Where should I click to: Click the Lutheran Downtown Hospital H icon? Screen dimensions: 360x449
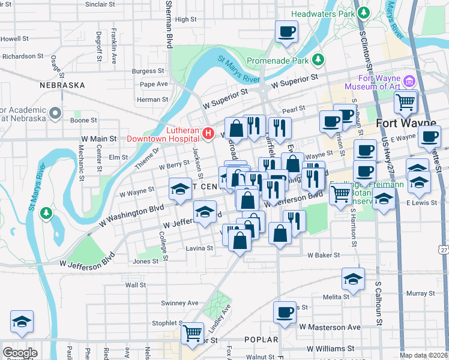tap(208, 133)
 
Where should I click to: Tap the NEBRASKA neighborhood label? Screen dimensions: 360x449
tap(62, 85)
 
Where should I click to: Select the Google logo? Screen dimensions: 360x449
tap(20, 352)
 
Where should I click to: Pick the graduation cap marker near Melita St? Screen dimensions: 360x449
tap(353, 279)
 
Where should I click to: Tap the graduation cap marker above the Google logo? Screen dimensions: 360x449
tap(22, 322)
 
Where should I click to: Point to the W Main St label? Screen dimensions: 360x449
tap(99, 139)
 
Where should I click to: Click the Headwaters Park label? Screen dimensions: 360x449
tap(321, 13)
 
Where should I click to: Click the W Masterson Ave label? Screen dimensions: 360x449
tap(330, 327)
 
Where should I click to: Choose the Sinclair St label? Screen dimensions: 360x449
tap(100, 4)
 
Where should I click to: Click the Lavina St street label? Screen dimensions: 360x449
tap(199, 248)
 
